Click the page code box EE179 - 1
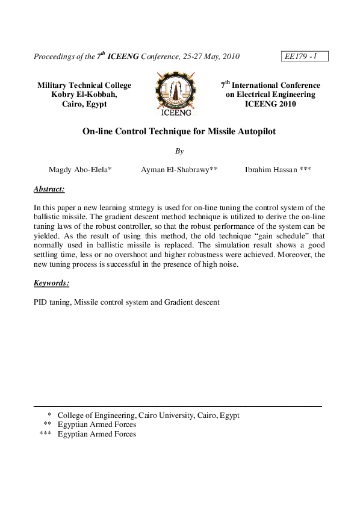[303, 57]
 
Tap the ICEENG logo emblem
[176, 93]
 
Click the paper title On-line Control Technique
[179, 131]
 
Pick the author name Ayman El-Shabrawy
[179, 170]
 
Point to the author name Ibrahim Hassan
[278, 170]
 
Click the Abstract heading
[49, 189]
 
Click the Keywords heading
[51, 282]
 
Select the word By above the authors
[179, 151]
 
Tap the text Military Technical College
[84, 86]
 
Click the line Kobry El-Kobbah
[84, 95]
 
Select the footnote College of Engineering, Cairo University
[148, 415]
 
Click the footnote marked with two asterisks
[96, 425]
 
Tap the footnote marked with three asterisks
[96, 434]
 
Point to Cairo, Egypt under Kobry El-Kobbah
[84, 104]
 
